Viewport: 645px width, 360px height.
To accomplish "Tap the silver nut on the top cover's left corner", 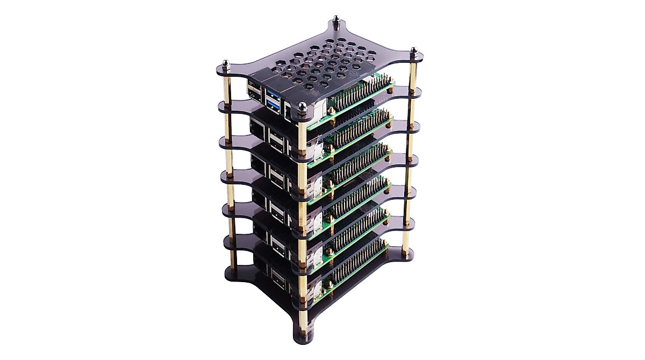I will point(226,65).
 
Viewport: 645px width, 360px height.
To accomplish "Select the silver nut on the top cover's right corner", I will point(413,53).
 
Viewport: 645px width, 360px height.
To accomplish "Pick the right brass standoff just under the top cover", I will point(413,73).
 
